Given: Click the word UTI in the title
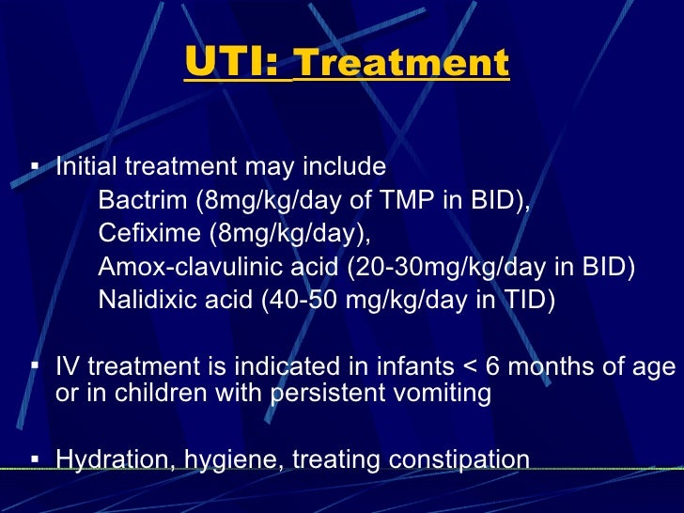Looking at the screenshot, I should click(230, 65).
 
